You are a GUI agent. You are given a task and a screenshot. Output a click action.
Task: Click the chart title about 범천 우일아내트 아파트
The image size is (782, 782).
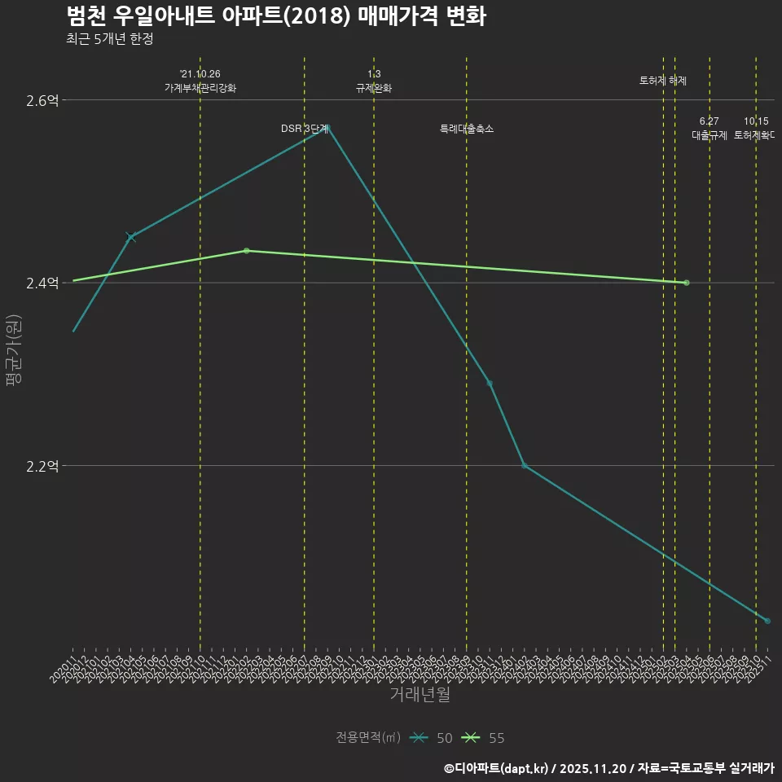coord(275,16)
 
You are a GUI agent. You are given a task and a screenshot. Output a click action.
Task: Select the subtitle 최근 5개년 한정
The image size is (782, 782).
coord(109,39)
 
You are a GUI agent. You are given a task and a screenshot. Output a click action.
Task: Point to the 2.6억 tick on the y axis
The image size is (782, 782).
coord(42,100)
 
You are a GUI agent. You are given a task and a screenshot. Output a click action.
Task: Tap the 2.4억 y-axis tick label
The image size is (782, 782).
coord(42,283)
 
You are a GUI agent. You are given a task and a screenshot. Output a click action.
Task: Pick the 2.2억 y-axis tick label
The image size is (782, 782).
coord(42,466)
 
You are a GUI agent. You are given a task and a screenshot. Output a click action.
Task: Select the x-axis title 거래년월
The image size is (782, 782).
coord(420,695)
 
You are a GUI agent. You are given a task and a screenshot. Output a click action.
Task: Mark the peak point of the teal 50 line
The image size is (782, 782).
coord(327,127)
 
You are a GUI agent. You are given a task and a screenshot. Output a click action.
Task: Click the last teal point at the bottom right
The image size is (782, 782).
coord(767,621)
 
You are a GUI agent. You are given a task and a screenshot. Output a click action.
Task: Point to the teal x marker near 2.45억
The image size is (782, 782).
coord(131,237)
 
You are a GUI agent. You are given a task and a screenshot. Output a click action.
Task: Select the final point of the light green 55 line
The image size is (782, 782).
coord(687,283)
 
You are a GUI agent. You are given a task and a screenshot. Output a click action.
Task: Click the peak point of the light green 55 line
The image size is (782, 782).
coord(246,251)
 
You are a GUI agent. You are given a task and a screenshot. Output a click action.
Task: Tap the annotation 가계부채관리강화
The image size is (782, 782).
coord(200,88)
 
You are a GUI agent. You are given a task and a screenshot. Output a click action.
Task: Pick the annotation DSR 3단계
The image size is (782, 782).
coord(305,129)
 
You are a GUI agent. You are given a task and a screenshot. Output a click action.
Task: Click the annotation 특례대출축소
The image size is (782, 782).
coord(467,129)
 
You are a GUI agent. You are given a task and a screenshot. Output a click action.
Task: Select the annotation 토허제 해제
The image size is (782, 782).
coord(663,81)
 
